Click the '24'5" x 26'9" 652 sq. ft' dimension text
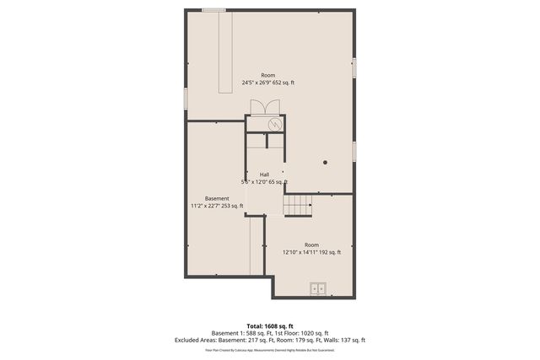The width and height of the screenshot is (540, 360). click(x=268, y=83)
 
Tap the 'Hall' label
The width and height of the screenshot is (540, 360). click(x=264, y=175)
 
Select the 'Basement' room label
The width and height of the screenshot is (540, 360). click(x=217, y=198)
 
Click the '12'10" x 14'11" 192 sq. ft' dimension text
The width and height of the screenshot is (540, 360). click(x=311, y=252)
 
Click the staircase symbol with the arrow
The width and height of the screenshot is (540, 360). click(x=297, y=204)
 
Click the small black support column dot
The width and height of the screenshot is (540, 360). click(x=325, y=161)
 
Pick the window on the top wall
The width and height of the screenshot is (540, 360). click(x=213, y=10)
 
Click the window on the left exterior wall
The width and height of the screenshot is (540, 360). click(x=186, y=97)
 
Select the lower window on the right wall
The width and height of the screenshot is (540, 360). click(x=354, y=151)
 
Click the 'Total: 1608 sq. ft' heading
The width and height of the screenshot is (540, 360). click(x=269, y=325)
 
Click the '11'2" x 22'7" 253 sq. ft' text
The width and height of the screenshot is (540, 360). click(x=217, y=206)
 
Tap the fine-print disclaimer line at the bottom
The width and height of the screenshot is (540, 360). click(x=269, y=349)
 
